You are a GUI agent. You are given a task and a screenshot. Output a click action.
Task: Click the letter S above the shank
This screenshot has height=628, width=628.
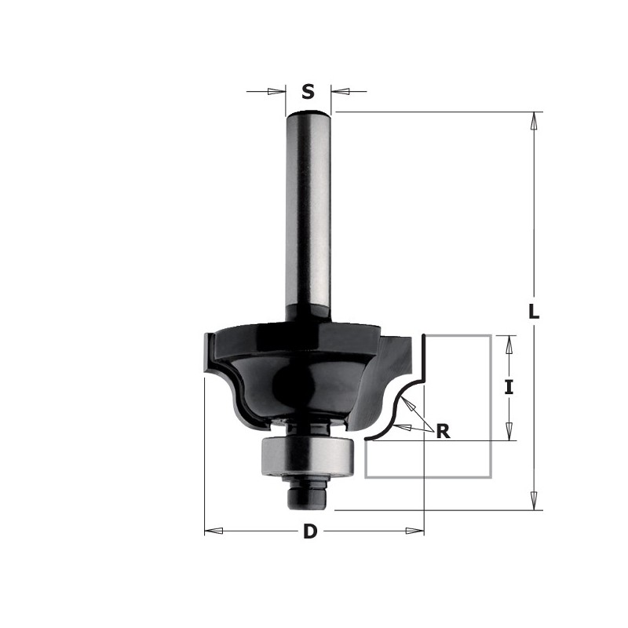click(309, 93)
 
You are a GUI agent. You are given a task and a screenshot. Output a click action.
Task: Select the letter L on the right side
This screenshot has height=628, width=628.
click(534, 311)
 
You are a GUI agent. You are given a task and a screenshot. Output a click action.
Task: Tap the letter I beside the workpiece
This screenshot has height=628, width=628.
click(509, 387)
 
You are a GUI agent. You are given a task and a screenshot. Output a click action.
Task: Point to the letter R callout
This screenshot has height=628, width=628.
click(444, 431)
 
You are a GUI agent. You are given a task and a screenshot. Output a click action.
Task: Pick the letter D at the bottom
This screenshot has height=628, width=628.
click(311, 532)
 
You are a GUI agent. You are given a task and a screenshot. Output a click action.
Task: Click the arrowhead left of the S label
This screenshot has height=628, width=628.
click(276, 92)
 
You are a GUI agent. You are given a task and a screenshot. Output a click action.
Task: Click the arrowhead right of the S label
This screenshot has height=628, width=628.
click(340, 92)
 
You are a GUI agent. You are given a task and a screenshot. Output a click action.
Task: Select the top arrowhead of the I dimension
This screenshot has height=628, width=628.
click(509, 343)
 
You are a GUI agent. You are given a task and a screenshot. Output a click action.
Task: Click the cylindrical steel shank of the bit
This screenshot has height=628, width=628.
click(311, 212)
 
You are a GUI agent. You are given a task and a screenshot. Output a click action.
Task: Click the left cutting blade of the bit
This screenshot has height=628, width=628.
click(210, 353)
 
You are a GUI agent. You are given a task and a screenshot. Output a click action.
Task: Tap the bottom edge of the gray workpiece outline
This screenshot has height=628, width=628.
click(428, 477)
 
